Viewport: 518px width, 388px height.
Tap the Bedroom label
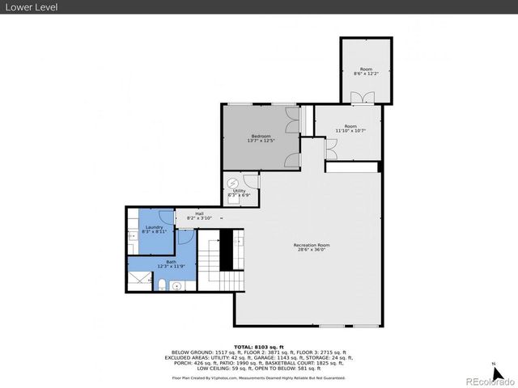coord(260,136)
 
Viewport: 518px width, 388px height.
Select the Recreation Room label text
coord(312,245)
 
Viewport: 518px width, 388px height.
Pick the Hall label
coord(198,213)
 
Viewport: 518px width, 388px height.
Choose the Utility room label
coord(239,191)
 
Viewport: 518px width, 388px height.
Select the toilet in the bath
coord(162,284)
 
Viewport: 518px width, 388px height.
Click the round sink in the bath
coord(177,285)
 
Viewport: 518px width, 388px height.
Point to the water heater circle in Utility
coord(233,182)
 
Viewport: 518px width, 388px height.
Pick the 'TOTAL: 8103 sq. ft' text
coord(258,346)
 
